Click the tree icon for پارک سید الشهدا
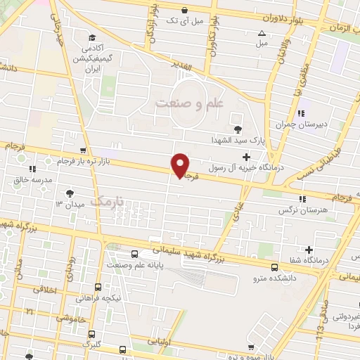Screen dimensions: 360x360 click(x=238, y=129)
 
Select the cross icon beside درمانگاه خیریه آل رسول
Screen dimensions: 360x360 click(x=245, y=157)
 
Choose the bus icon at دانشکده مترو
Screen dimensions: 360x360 click(x=274, y=266)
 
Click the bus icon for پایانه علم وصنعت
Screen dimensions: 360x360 click(x=134, y=255)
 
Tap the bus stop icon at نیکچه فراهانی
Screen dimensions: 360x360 click(x=98, y=287)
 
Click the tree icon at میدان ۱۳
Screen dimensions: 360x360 click(x=70, y=193)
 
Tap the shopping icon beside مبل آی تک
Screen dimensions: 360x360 click(x=184, y=10)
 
